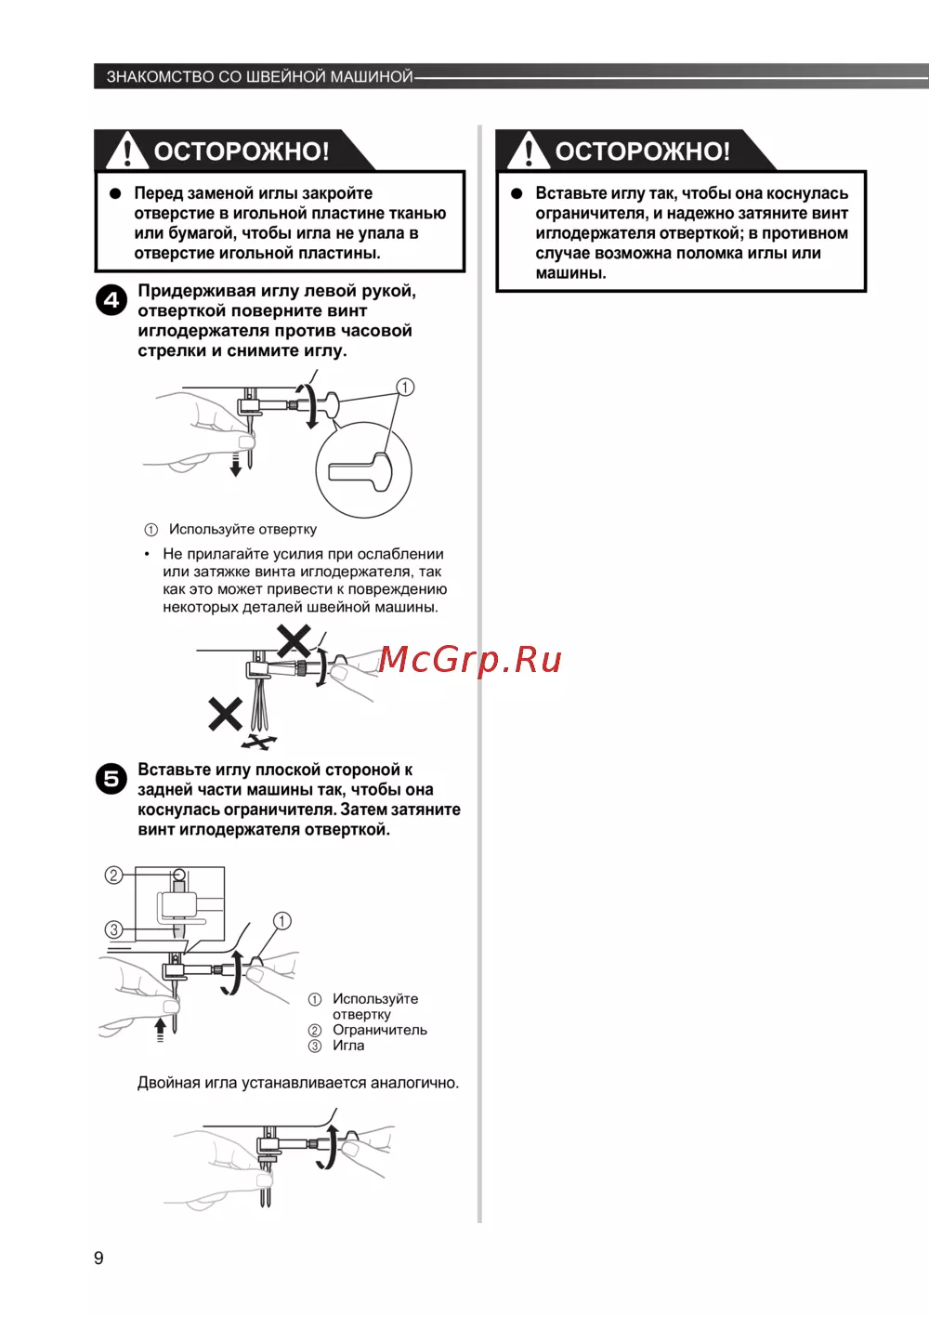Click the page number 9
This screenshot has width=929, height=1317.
[98, 1258]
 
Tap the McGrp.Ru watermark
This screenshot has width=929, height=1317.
[470, 659]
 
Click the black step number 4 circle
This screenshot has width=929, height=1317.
[111, 300]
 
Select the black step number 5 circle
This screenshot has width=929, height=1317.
[111, 779]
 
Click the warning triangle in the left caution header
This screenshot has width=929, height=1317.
[126, 151]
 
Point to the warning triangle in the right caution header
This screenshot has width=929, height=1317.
[528, 151]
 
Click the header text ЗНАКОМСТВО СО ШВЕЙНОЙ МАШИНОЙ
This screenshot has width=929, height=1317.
[259, 76]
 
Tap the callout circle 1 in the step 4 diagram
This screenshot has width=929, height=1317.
[405, 388]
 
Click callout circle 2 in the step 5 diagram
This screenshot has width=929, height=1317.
[113, 875]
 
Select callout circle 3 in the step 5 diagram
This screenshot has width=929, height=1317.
[113, 929]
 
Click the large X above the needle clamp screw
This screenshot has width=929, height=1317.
[294, 640]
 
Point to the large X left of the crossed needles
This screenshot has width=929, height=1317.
[225, 714]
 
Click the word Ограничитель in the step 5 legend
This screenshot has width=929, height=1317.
[379, 1030]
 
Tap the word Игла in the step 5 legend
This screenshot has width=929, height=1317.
[348, 1046]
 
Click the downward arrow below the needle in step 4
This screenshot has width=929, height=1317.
[236, 465]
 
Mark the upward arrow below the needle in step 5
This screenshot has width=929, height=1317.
[161, 1028]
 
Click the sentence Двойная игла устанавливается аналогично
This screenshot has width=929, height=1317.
[297, 1083]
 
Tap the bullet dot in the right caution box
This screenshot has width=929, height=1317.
[517, 193]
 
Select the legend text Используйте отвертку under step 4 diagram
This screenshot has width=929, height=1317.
[242, 529]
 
